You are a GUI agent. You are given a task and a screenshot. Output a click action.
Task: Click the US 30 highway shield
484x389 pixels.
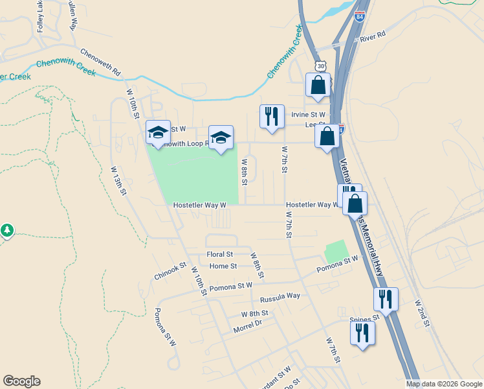(321, 66)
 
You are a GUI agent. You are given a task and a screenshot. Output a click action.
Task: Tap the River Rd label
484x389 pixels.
(373, 36)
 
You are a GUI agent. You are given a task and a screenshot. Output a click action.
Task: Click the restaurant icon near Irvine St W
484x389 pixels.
(271, 117)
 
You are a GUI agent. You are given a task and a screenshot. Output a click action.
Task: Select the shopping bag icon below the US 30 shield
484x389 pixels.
(318, 85)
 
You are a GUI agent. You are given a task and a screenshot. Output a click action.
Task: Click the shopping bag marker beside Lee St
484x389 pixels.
(327, 137)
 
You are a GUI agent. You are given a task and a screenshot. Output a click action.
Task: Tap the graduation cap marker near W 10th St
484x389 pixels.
(157, 134)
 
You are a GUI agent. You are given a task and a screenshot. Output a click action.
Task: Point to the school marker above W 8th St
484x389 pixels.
(221, 137)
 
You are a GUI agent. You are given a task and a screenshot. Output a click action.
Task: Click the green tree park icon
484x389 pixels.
(7, 230)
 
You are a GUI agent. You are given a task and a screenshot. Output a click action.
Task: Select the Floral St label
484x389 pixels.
(219, 254)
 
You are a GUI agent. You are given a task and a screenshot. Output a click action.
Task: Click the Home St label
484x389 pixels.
(223, 266)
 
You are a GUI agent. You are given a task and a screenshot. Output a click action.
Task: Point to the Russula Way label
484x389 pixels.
(280, 298)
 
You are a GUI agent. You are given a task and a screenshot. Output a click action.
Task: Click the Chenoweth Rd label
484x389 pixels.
(100, 61)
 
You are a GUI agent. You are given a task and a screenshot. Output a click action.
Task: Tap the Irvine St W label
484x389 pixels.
(308, 114)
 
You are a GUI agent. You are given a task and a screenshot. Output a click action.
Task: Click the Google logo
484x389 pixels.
(21, 381)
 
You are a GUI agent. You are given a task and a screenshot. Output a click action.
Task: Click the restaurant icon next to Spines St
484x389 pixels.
(362, 333)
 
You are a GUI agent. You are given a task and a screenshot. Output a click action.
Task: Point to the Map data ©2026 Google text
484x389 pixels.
(443, 384)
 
